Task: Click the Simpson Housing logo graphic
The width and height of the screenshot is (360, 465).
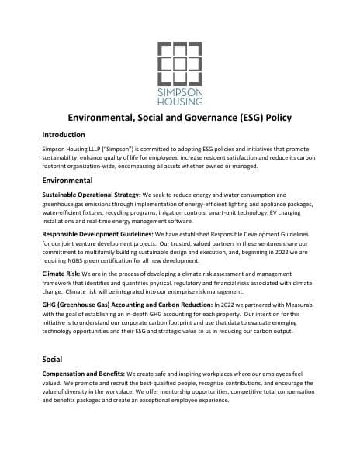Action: (180, 60)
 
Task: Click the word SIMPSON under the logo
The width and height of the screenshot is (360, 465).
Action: (180, 91)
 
